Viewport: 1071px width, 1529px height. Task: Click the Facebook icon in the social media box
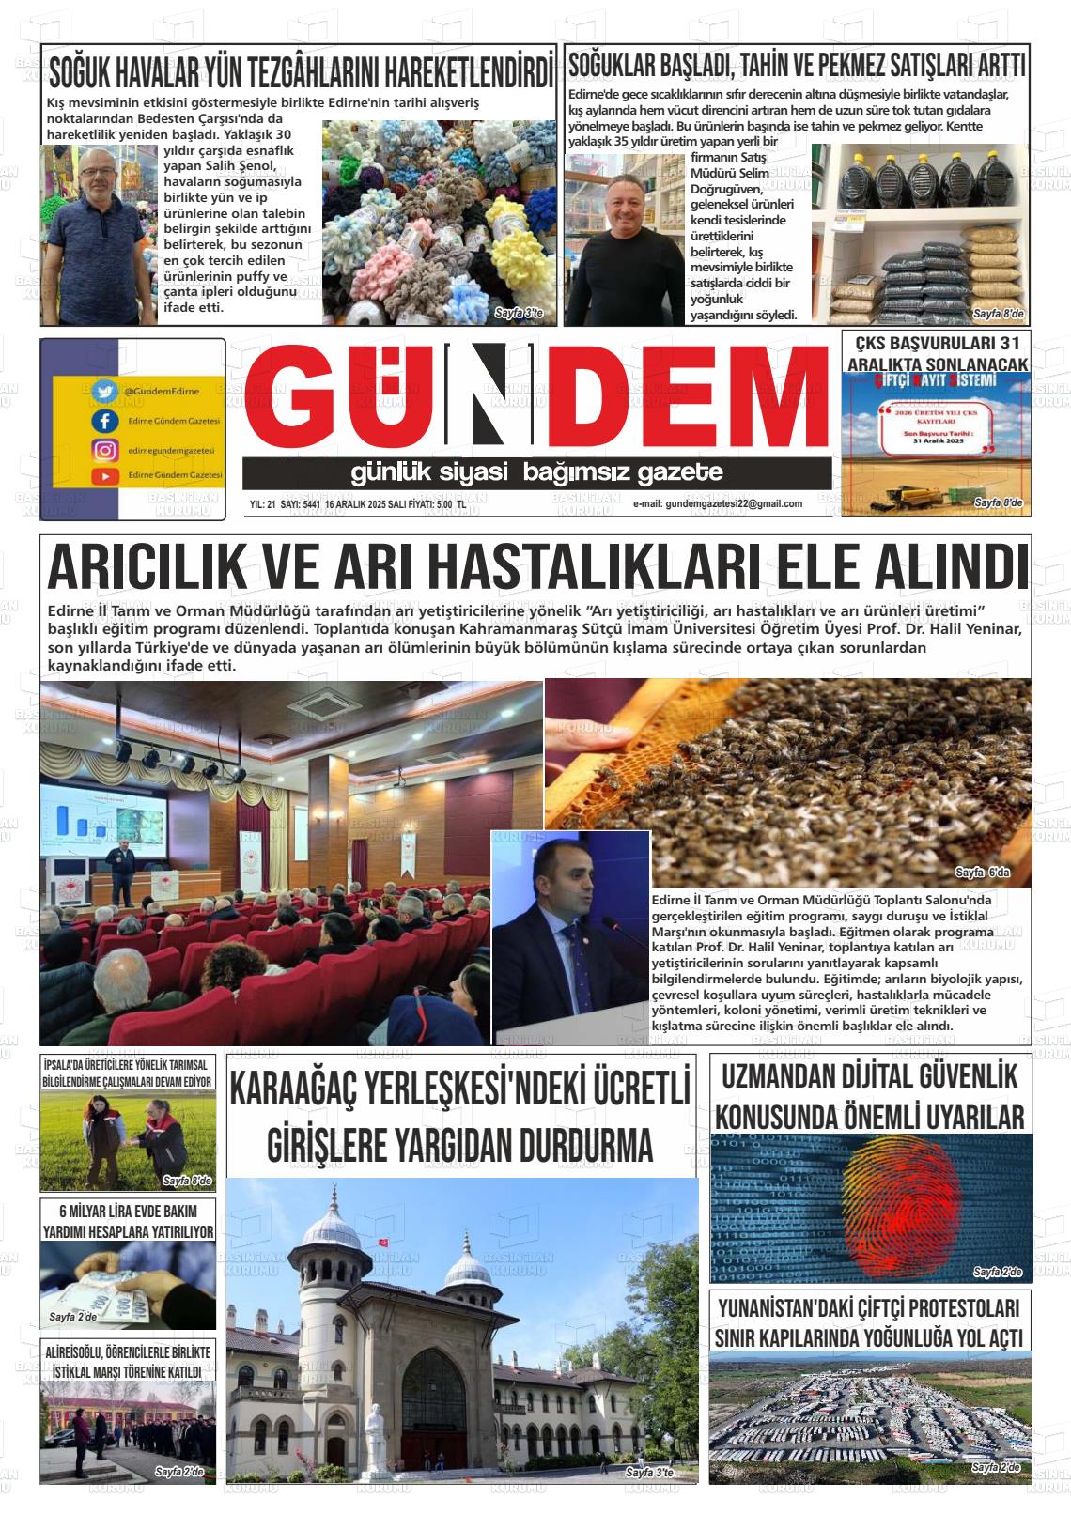coord(103,421)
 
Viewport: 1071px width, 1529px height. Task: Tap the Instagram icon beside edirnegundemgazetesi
coord(103,450)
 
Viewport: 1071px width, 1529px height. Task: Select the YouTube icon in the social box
coord(103,476)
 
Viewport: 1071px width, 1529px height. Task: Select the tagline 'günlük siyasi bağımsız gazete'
coord(536,472)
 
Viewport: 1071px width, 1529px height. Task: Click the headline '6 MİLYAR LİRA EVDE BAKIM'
coord(128,1211)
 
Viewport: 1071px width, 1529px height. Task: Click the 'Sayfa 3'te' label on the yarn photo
coord(518,313)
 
